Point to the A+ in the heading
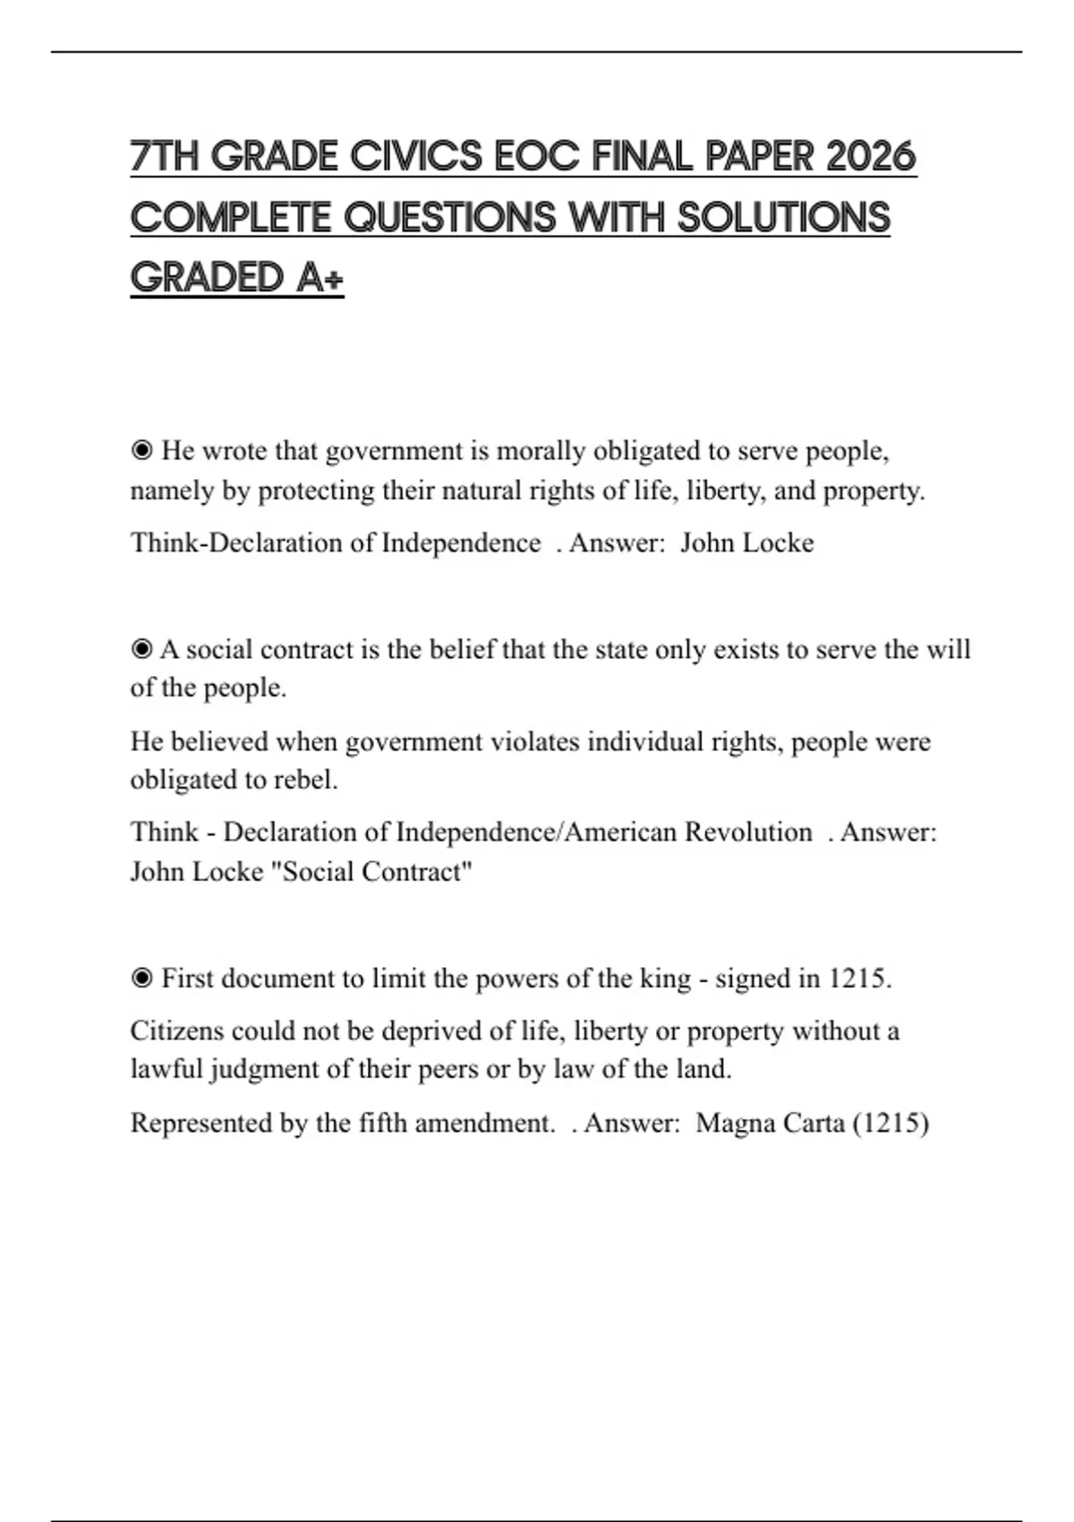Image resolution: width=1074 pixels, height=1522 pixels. [320, 278]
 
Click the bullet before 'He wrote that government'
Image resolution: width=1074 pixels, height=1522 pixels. [141, 450]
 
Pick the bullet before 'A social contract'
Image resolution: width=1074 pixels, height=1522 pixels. [141, 649]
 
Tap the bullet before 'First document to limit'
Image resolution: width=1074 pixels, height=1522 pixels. [141, 979]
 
